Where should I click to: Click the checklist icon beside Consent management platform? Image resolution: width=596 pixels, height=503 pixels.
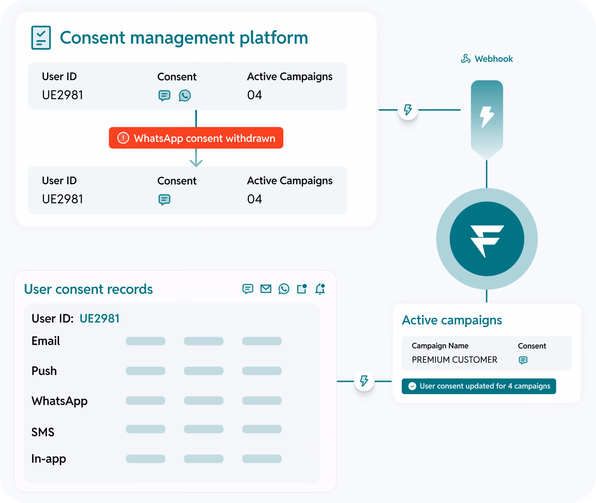pos(41,37)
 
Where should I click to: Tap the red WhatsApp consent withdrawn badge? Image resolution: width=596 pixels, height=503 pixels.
pos(196,138)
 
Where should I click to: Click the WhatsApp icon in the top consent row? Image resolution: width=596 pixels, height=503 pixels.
pos(185,96)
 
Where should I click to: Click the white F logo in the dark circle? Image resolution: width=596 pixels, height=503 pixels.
pos(487,240)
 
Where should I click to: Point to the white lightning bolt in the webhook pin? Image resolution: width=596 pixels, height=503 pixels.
pos(487,117)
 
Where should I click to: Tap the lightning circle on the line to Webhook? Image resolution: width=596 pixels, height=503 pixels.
pos(408,110)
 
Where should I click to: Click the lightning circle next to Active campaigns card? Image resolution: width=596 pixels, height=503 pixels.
pos(364,381)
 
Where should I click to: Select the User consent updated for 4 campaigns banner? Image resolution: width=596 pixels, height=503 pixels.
pos(479,386)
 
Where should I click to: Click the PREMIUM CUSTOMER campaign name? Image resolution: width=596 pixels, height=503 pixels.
pos(454,359)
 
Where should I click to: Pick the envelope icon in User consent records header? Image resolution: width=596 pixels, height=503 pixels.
pos(266,289)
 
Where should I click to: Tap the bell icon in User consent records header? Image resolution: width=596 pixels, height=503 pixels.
pos(320,289)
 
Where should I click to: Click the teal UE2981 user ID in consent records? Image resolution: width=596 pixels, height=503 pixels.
pos(99,318)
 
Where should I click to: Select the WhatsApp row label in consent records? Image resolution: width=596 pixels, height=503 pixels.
pos(59,401)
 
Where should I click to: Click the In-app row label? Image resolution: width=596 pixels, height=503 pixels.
pos(48,459)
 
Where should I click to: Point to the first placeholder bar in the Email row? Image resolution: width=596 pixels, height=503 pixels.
pos(145,341)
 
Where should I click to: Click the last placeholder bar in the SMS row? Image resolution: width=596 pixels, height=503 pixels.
pos(262,429)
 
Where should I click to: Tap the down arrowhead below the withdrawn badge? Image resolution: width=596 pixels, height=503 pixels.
pos(196,163)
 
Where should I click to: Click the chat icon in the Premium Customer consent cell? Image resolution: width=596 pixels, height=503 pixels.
pos(523,360)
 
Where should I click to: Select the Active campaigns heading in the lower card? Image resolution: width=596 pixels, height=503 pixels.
pos(452,321)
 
